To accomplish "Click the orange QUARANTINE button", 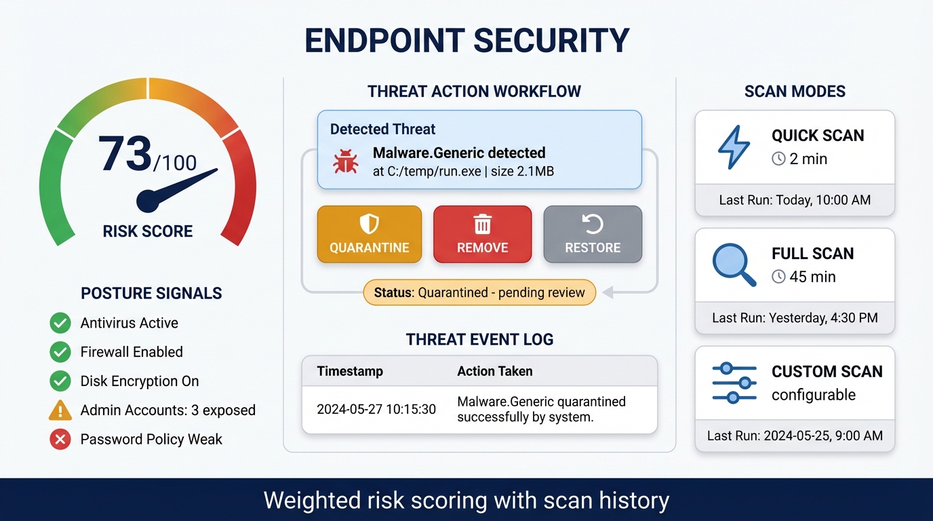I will coord(369,234).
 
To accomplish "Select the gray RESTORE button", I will coord(593,234).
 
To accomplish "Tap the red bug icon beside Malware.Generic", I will coord(345,162).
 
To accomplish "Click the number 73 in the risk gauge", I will coord(125,154).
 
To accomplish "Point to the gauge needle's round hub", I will coord(149,201).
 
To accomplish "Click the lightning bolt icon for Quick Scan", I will coord(734,147).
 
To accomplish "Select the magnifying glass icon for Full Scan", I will coord(734,265).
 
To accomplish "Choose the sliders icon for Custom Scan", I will coord(734,383).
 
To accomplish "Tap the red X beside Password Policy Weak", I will coord(60,440).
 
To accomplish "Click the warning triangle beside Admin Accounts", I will coord(60,410).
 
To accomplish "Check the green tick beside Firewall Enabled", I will coord(60,352).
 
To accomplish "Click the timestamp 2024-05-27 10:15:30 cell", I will coord(376,409).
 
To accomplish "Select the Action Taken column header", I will coord(495,371).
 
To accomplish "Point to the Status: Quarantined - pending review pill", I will coord(480,293).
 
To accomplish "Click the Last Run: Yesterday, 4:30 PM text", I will coord(795,318).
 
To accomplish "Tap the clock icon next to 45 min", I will coord(778,277).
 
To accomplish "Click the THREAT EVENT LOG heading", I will coord(479,340).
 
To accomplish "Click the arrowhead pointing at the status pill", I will coord(608,293).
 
